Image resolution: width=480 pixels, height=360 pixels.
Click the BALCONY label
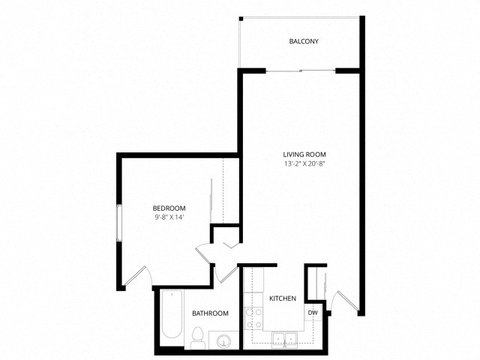(x=304, y=41)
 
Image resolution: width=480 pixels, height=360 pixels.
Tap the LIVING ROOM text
(x=304, y=154)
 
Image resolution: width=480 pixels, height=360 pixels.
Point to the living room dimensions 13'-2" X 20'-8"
(x=304, y=163)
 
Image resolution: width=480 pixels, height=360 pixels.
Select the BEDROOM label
(x=169, y=208)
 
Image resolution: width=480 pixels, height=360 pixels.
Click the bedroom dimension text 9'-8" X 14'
(x=169, y=217)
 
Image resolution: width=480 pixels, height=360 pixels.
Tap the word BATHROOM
(x=210, y=313)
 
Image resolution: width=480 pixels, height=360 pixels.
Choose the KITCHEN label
(x=283, y=298)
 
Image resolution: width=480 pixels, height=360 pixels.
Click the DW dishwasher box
(x=313, y=313)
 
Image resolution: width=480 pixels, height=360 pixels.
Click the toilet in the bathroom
(x=198, y=338)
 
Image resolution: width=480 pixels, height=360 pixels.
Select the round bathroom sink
(x=223, y=342)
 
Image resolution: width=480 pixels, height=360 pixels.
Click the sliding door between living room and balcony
(x=300, y=70)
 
